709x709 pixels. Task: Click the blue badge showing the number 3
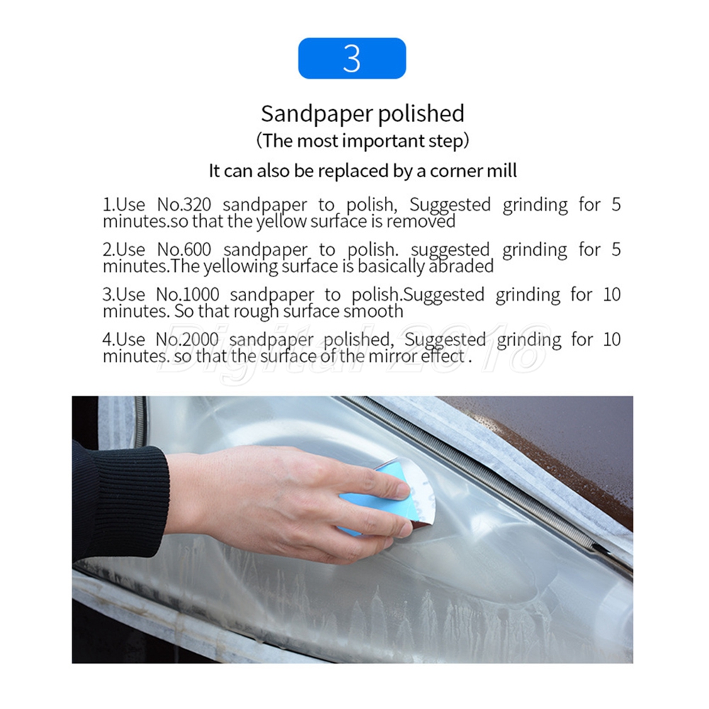point(352,58)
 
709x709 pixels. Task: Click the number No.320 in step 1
point(184,204)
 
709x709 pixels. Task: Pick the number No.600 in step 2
point(184,249)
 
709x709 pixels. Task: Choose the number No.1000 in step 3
point(188,294)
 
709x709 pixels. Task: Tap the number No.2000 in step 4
point(187,339)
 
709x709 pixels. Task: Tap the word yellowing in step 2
point(240,267)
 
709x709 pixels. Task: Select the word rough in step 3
point(256,311)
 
